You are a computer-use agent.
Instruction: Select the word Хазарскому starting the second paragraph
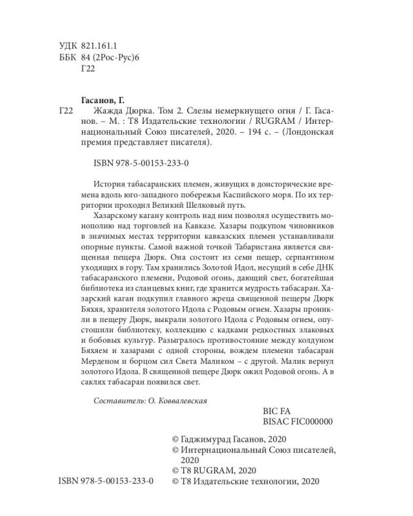(118, 224)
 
